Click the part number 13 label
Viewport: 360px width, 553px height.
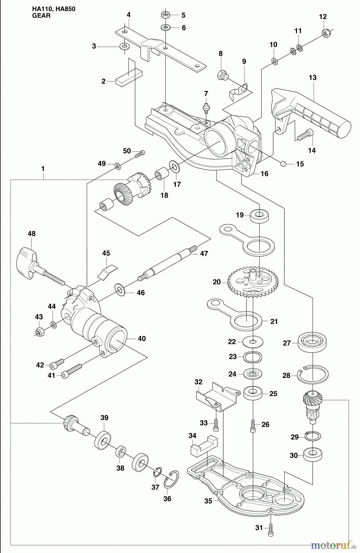(x=312, y=78)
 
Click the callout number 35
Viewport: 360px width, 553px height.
(x=208, y=501)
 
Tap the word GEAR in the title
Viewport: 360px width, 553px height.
(x=41, y=15)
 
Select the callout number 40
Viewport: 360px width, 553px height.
(x=142, y=339)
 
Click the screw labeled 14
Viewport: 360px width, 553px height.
(x=305, y=134)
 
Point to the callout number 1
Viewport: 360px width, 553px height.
(x=43, y=169)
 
